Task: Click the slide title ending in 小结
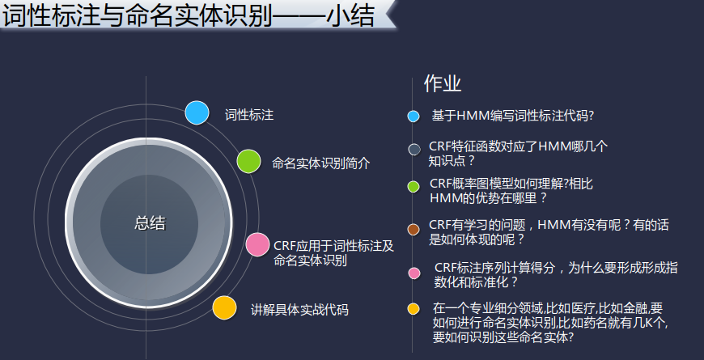[189, 16]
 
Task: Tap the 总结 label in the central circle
[150, 223]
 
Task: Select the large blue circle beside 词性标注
[197, 112]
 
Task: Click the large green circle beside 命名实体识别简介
[248, 161]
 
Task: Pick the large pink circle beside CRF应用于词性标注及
[257, 244]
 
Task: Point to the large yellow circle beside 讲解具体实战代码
[224, 308]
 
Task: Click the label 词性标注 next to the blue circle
[249, 116]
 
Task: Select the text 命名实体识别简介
[321, 163]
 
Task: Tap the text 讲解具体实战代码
[299, 310]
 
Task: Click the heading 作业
[443, 84]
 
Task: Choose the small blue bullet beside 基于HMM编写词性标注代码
[413, 116]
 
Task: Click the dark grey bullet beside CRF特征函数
[414, 150]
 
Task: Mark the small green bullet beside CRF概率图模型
[413, 187]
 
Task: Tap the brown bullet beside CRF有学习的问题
[413, 230]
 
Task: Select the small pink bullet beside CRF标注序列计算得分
[414, 273]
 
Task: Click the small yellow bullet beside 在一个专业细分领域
[413, 309]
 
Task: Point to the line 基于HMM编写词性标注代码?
[513, 116]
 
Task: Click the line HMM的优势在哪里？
[489, 198]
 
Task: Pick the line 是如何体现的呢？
[477, 239]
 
